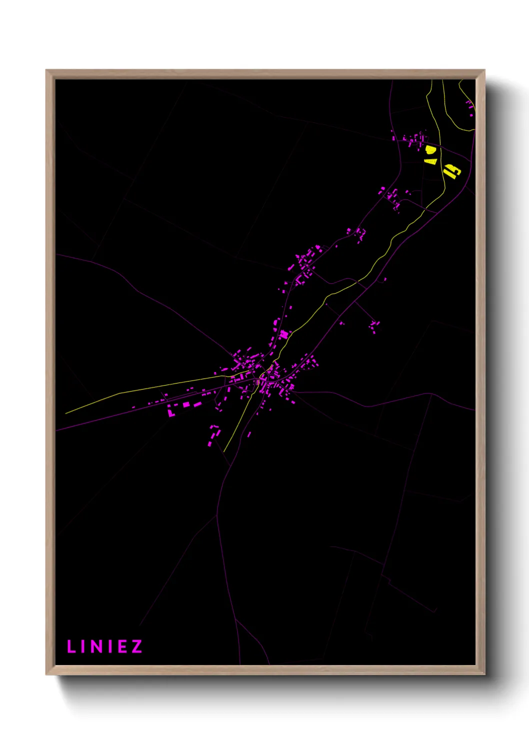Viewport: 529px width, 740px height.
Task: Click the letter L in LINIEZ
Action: click(70, 646)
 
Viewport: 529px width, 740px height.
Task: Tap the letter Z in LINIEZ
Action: click(136, 646)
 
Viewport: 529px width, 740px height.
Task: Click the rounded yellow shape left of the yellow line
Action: click(429, 149)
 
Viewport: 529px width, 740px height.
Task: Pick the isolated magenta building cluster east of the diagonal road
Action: click(374, 326)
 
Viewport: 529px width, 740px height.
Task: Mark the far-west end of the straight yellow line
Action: click(66, 413)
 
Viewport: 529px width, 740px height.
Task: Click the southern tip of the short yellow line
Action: click(224, 451)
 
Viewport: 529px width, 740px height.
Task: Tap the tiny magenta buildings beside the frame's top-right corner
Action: click(470, 107)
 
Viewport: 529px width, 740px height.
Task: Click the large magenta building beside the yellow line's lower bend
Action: click(284, 334)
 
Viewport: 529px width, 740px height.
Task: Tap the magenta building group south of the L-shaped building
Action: click(213, 435)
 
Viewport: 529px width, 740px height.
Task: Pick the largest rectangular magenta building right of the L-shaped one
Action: click(186, 404)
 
